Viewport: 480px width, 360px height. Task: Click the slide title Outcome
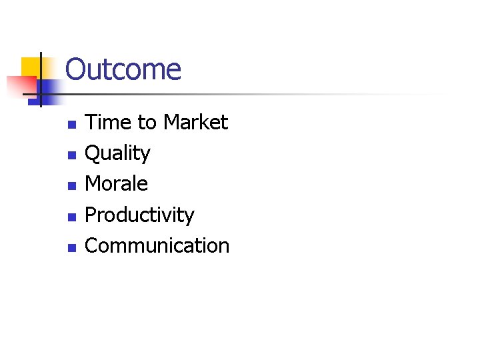[123, 69]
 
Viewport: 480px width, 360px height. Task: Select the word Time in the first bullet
[102, 123]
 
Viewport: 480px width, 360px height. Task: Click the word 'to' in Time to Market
[145, 123]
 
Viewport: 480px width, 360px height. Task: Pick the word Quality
[117, 154]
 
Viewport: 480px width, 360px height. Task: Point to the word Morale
[117, 184]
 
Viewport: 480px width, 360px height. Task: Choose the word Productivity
[139, 215]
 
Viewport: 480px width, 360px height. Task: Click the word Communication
[157, 246]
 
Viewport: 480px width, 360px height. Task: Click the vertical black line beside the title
[41, 80]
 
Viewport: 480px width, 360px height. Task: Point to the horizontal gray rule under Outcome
[267, 95]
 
